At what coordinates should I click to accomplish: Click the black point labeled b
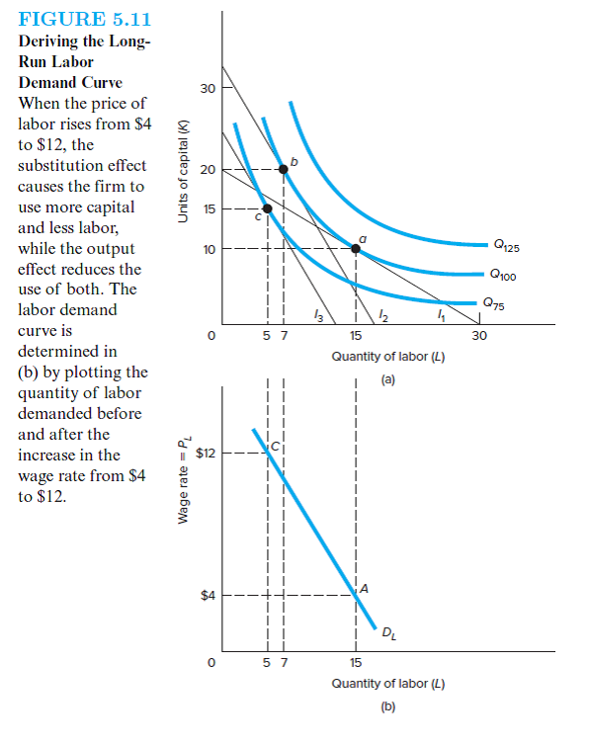coord(284,169)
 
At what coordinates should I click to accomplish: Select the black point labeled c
coord(267,208)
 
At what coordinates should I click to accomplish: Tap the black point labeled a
coord(356,249)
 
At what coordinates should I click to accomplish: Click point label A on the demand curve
coord(365,587)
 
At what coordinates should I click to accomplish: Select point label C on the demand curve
coord(276,448)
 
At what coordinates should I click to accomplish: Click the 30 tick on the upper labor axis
coord(479,336)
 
